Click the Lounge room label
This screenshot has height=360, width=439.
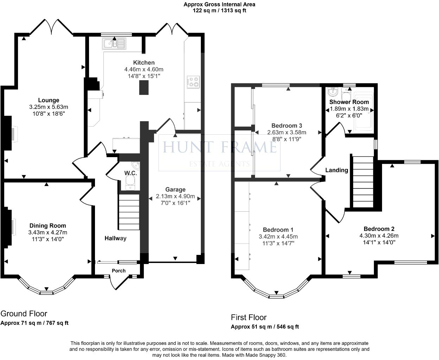pos(49,100)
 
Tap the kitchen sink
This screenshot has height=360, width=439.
pos(114,44)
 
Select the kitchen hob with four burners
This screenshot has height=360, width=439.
pos(193,82)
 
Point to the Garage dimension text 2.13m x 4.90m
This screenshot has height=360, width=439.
pos(175,196)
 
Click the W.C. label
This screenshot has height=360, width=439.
pos(131,173)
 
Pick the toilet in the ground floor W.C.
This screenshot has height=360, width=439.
pos(130,183)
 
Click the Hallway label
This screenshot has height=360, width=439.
pos(115,238)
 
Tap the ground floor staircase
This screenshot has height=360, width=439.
pos(129,212)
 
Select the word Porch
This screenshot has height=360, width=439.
pos(119,271)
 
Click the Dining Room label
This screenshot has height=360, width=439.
pos(48,226)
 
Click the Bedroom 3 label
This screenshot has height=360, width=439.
pos(287,126)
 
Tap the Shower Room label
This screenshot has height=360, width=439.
pos(349,102)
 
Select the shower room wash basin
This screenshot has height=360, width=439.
pos(333,91)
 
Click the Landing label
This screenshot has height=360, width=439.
pos(337,170)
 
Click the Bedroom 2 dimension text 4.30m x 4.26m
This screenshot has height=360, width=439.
pos(379,236)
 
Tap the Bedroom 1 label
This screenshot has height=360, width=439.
pos(278,230)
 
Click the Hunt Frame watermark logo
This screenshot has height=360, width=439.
pos(220,153)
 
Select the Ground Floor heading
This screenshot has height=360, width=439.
pos(24,314)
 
